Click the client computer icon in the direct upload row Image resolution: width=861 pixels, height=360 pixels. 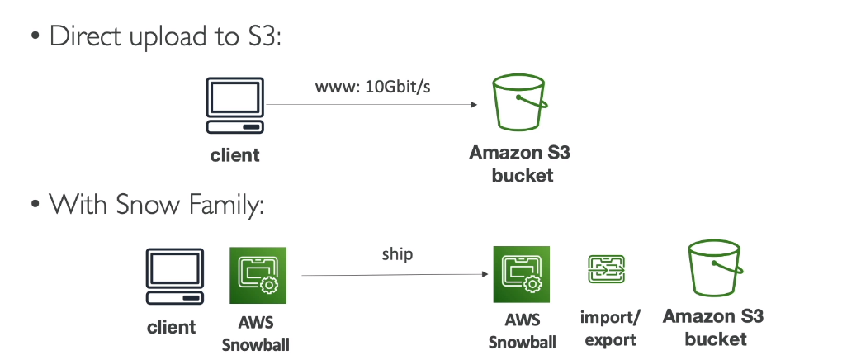(x=235, y=107)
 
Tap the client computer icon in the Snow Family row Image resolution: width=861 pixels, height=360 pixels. (x=174, y=278)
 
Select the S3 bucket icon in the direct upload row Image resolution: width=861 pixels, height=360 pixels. (x=519, y=105)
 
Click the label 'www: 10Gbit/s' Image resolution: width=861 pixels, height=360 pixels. (x=373, y=87)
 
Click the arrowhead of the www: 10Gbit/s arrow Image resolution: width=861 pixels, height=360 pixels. (x=474, y=105)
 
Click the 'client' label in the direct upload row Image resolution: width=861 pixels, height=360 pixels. (x=235, y=154)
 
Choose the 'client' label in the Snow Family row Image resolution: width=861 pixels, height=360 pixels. (x=172, y=327)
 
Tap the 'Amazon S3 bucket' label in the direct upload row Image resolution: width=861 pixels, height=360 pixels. (x=519, y=163)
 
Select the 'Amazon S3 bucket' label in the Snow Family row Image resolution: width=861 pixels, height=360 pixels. (x=714, y=328)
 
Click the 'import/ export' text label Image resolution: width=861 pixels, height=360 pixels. (x=608, y=329)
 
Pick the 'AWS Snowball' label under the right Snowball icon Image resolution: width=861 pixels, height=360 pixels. (x=522, y=333)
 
